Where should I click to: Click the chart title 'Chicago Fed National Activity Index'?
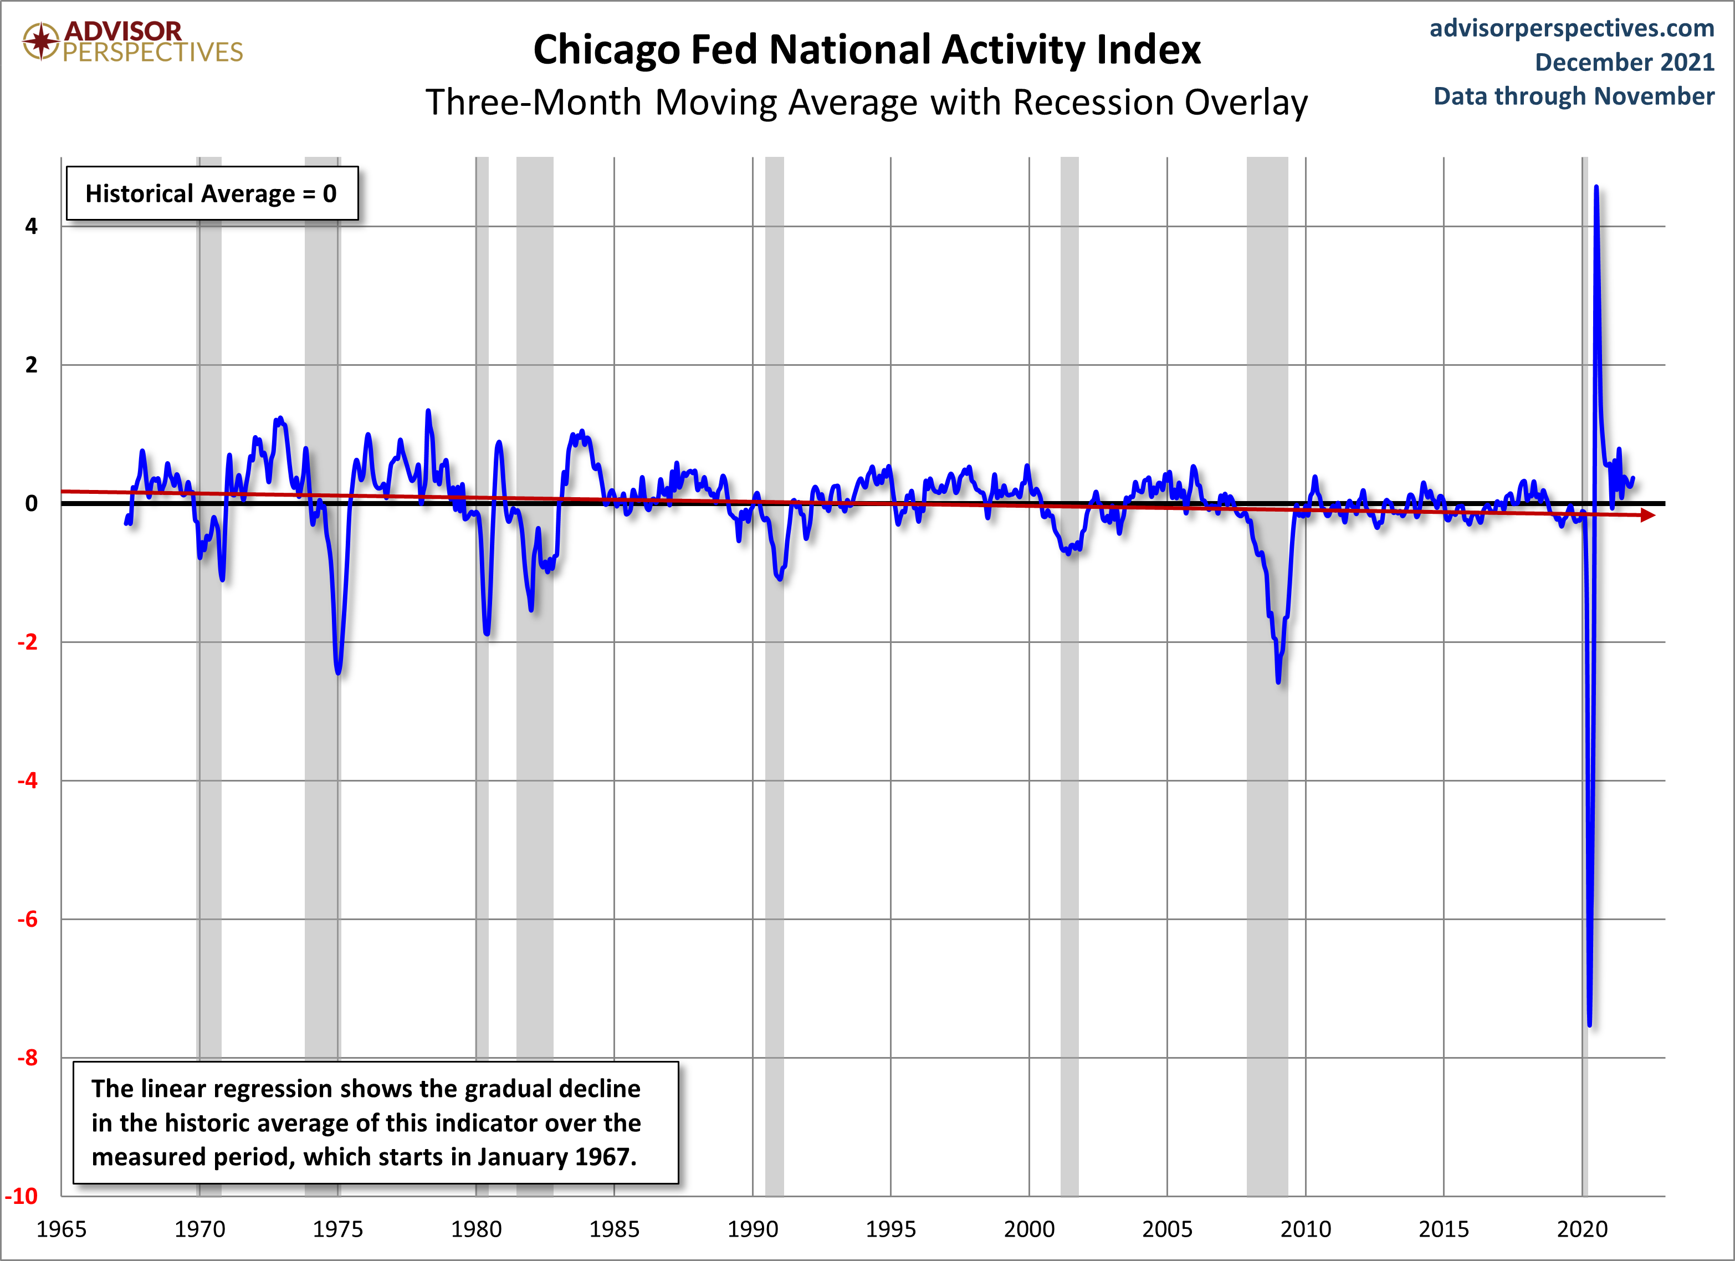[867, 50]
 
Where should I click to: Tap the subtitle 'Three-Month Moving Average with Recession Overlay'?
[867, 103]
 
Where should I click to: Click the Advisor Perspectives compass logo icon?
[40, 40]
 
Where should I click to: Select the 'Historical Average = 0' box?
[212, 193]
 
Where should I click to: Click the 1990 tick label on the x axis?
[753, 1229]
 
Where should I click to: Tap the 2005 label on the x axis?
[1168, 1229]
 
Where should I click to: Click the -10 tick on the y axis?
[22, 1196]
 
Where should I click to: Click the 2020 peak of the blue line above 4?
[1596, 187]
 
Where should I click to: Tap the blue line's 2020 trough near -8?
[1590, 1024]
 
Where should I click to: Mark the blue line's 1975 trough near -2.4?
[338, 672]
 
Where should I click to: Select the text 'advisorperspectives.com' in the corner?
[1572, 28]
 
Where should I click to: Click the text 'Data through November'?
[1574, 96]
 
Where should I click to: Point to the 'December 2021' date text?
[1625, 62]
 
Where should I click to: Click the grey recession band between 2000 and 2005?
[1069, 673]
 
